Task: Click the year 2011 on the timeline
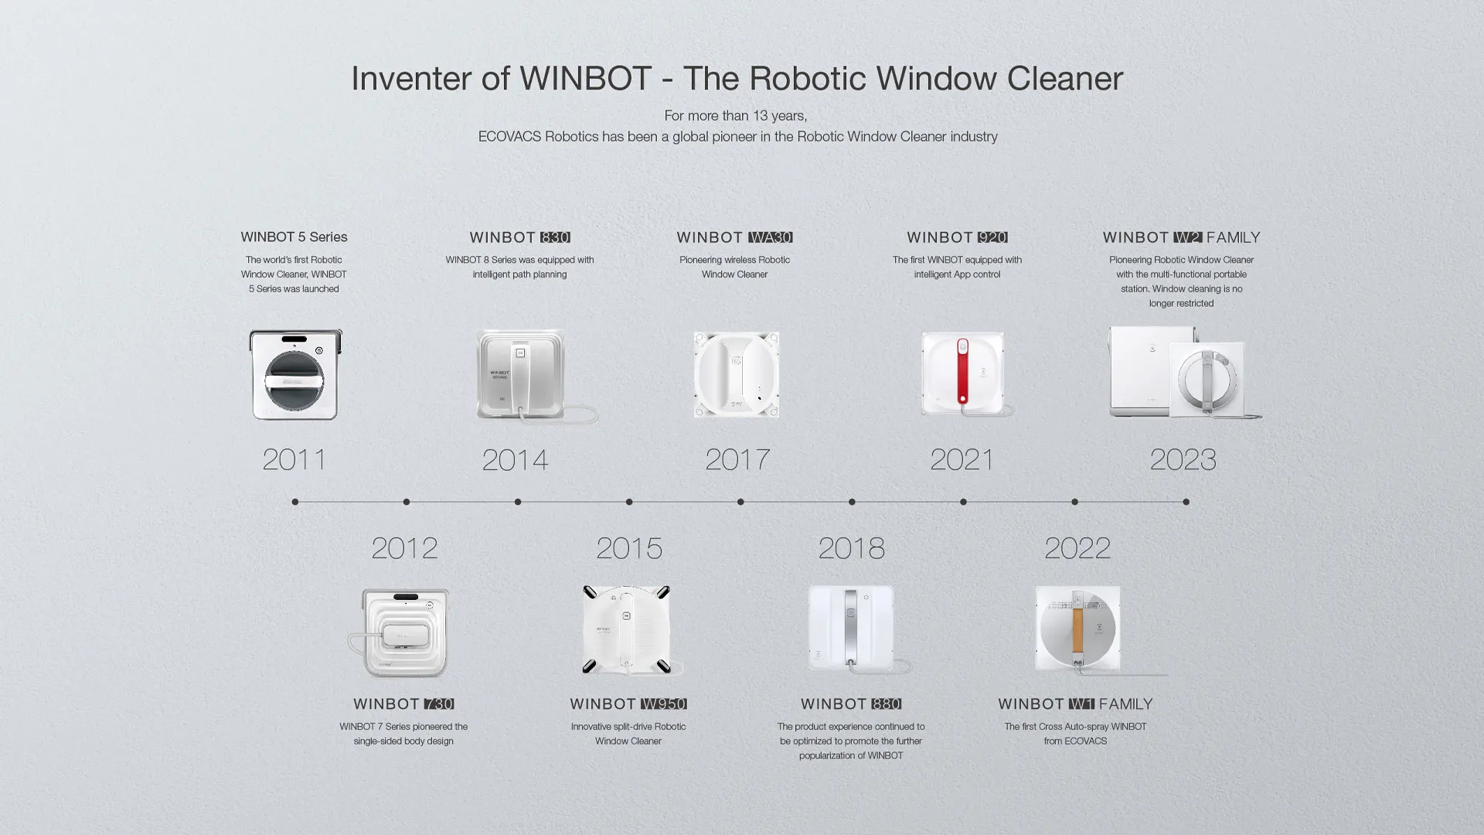coord(294,459)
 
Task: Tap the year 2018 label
coord(851,548)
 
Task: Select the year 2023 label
coord(1183,459)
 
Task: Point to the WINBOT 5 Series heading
coord(294,237)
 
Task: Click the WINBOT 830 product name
coord(519,237)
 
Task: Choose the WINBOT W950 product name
coord(628,704)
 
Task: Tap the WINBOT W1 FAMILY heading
coord(1075,704)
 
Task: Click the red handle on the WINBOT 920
coord(962,371)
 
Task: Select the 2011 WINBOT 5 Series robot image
coord(295,375)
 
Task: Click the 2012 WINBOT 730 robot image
coord(404,632)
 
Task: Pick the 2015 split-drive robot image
coord(627,629)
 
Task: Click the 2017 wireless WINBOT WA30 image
coord(736,375)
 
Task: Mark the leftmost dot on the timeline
coord(295,502)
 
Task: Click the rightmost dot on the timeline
coord(1186,502)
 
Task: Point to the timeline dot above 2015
coord(629,502)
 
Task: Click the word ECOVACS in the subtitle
coord(509,137)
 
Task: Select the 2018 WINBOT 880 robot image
coord(851,629)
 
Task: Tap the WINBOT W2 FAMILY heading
coord(1181,237)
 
